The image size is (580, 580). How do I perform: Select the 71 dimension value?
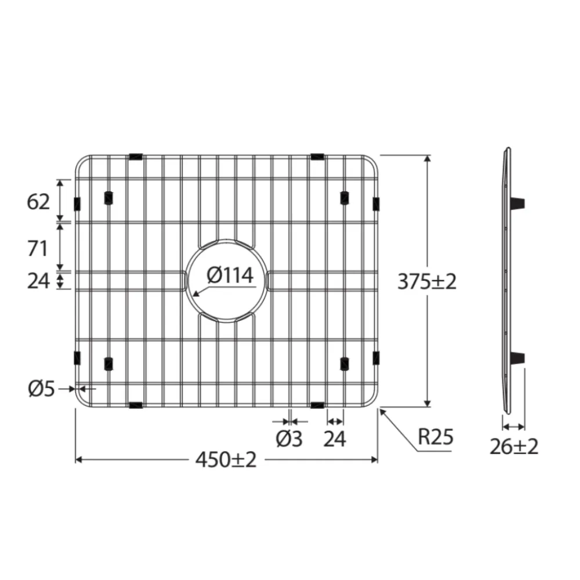[x=38, y=248]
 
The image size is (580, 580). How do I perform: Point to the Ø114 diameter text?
[x=230, y=275]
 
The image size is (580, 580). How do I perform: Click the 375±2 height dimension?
[x=427, y=282]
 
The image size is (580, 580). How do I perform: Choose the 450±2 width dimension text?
[x=226, y=460]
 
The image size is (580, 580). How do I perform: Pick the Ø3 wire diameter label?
[x=289, y=439]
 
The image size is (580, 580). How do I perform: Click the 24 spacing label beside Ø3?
[x=335, y=439]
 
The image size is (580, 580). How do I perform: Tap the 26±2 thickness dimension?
[x=514, y=446]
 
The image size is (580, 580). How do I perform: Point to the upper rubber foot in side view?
[x=518, y=203]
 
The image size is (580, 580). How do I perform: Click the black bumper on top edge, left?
[x=136, y=156]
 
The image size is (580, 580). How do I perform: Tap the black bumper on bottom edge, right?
[x=317, y=404]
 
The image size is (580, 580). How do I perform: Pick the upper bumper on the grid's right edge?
[x=376, y=204]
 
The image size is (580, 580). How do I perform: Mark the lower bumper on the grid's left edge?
[x=77, y=357]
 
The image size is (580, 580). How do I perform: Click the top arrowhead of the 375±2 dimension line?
[x=427, y=158]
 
